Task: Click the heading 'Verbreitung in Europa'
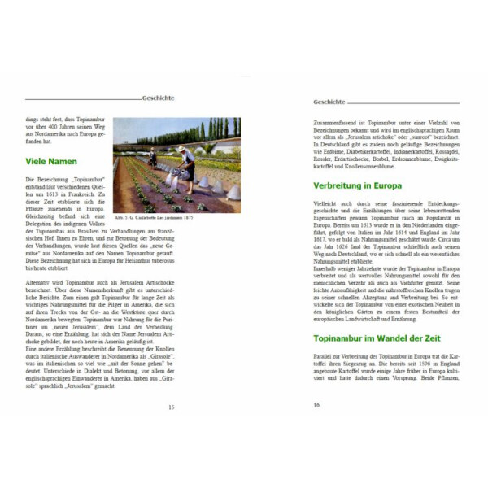(357, 185)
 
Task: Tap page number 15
(171, 407)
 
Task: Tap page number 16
(316, 404)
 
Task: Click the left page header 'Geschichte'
(158, 97)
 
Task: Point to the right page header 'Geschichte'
(329, 102)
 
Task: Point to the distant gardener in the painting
(151, 158)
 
